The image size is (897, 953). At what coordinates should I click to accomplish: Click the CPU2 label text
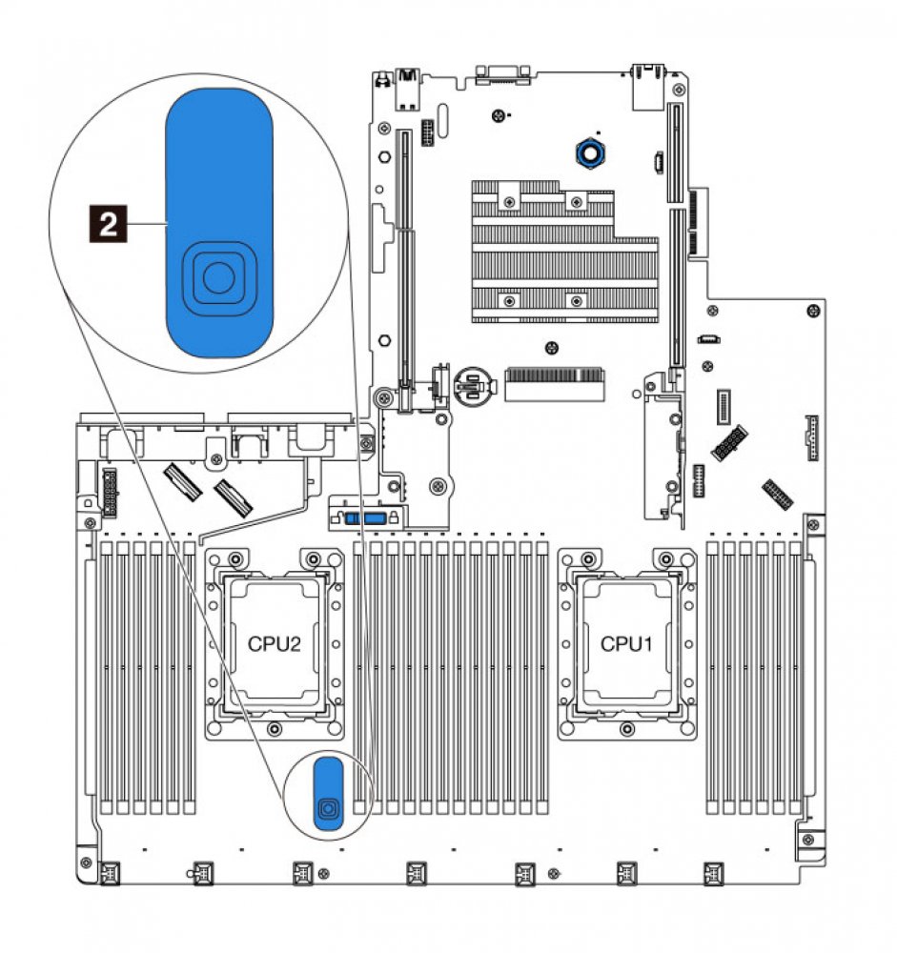pyautogui.click(x=275, y=643)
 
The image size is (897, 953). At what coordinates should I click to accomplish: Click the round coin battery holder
pyautogui.click(x=475, y=385)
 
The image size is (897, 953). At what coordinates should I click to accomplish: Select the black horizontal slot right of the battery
pyautogui.click(x=556, y=385)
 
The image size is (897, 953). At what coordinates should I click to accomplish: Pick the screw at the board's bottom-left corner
pyautogui.click(x=83, y=870)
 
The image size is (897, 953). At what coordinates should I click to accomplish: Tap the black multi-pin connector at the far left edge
pyautogui.click(x=108, y=485)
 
